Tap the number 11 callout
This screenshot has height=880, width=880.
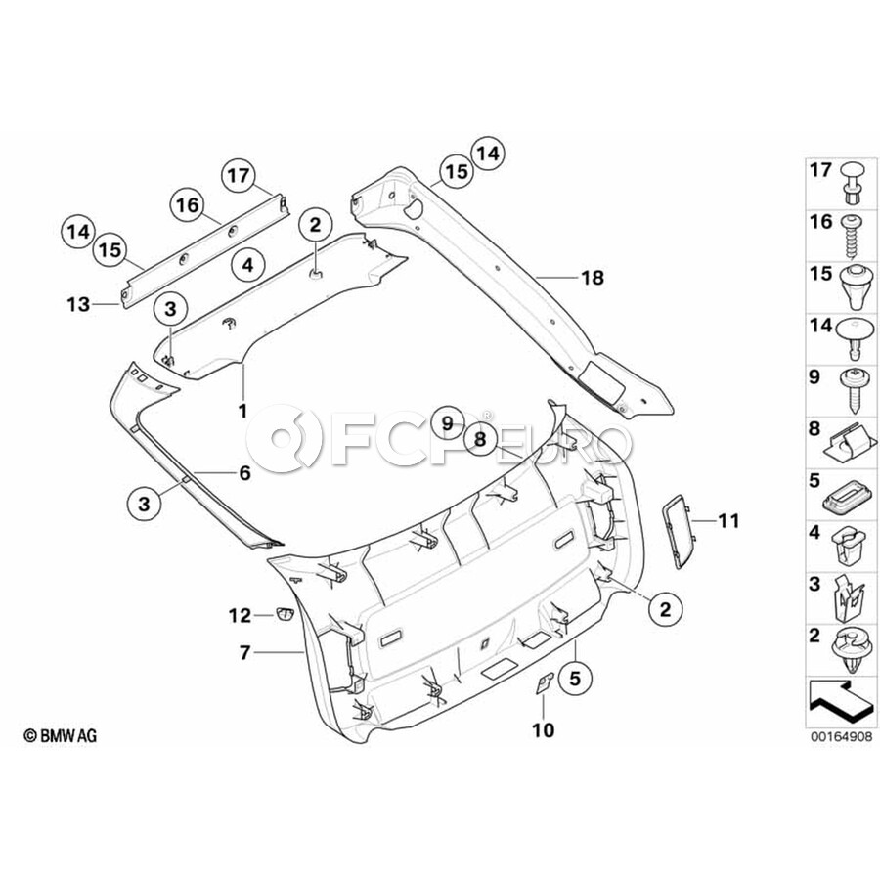tap(730, 520)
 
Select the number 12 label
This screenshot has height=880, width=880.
tap(241, 615)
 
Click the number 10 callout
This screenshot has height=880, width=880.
tap(542, 729)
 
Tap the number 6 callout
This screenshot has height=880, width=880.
tap(244, 473)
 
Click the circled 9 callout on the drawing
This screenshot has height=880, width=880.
tap(446, 423)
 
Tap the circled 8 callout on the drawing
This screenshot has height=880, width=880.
tap(481, 440)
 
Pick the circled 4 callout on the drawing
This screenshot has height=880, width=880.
tap(247, 264)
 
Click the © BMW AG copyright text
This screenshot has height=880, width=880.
tap(61, 735)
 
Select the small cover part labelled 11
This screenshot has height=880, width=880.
tap(676, 529)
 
